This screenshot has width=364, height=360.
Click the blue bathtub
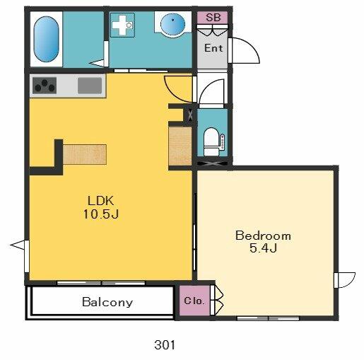click(x=46, y=39)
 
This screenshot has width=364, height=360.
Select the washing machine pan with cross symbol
click(x=122, y=25)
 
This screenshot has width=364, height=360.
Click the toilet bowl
click(x=211, y=141)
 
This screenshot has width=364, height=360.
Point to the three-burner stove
click(x=45, y=86)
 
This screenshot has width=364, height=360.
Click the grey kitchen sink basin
click(x=90, y=86)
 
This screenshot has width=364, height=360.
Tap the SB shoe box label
click(x=213, y=18)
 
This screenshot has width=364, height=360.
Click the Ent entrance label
click(x=213, y=48)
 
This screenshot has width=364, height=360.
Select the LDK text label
click(x=101, y=201)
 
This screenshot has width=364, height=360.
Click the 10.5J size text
click(x=100, y=214)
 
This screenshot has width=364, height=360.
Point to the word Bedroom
click(x=263, y=236)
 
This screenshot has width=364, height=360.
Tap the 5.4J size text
click(x=263, y=248)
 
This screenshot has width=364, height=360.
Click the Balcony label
click(x=107, y=302)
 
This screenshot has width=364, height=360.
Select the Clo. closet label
click(x=194, y=301)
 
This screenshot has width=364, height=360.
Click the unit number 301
click(x=165, y=345)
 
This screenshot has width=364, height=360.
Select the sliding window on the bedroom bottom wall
click(x=268, y=318)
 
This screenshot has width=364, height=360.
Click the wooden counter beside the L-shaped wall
click(x=85, y=154)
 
